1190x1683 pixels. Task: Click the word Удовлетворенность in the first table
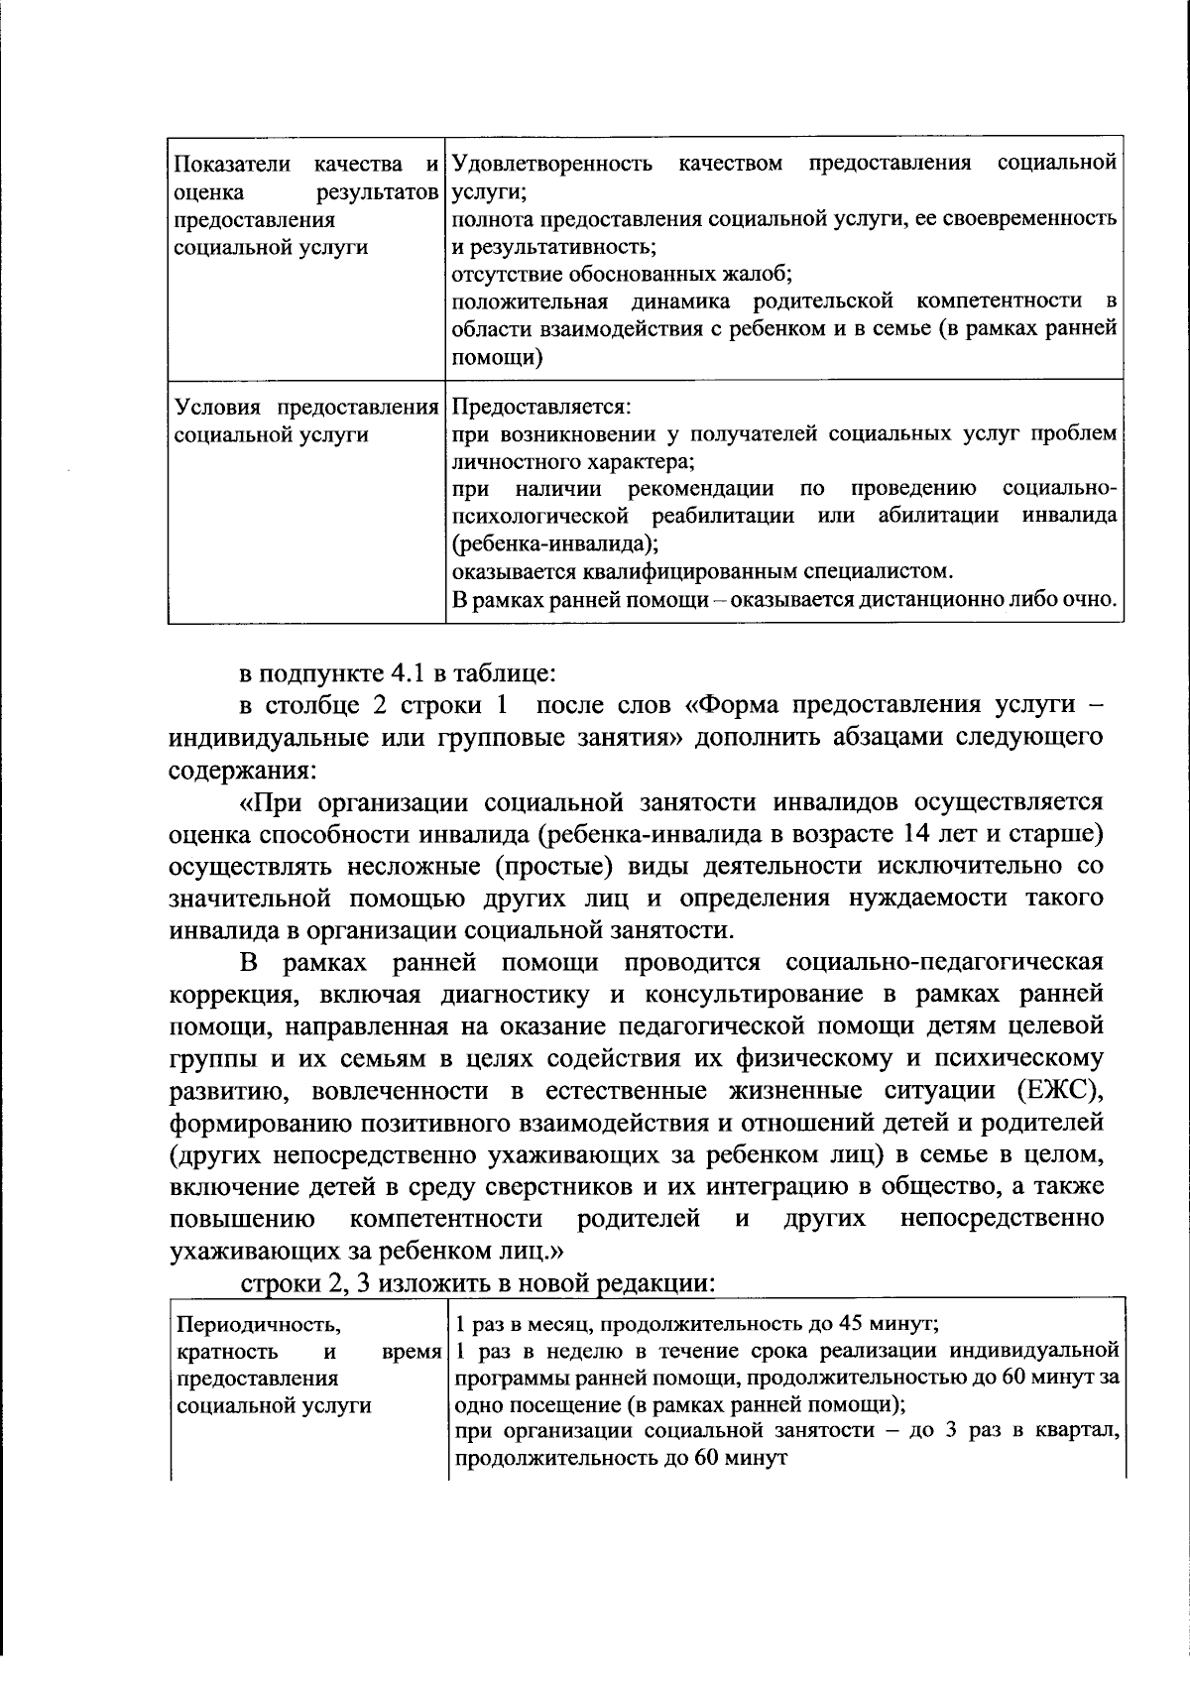coord(552,163)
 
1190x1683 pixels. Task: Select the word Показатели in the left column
coord(229,163)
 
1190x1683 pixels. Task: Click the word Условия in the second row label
coord(218,408)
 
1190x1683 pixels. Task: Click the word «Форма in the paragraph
coord(729,705)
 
